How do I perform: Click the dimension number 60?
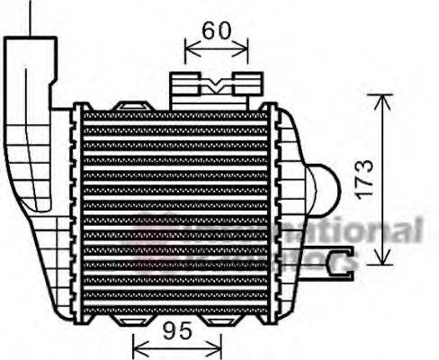pos(216,31)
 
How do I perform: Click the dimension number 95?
pos(177,331)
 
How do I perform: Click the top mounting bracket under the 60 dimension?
pos(209,87)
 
